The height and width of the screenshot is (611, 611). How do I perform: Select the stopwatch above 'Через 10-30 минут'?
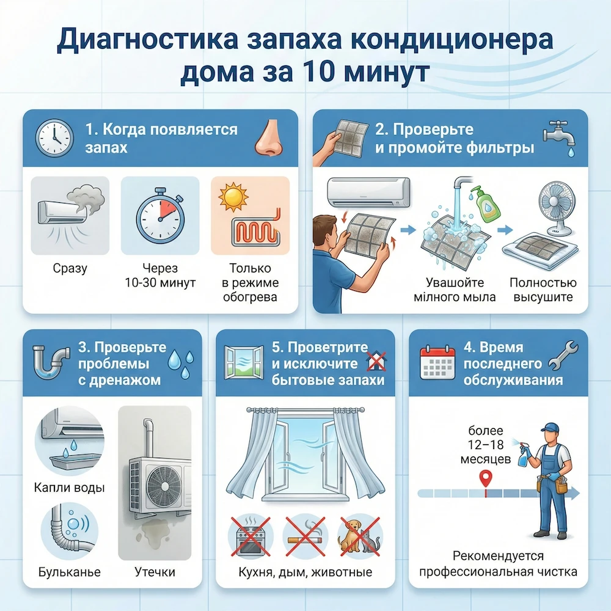pyautogui.click(x=159, y=216)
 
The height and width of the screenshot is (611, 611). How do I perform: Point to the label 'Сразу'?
pyautogui.click(x=70, y=268)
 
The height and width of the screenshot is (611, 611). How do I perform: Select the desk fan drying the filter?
pyautogui.click(x=554, y=208)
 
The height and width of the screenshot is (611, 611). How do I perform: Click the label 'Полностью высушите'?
pyautogui.click(x=543, y=290)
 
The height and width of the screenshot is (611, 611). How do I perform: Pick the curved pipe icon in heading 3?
pyautogui.click(x=51, y=362)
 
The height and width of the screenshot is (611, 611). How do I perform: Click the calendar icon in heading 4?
pyautogui.click(x=437, y=363)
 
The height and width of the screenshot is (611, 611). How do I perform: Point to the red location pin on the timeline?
pyautogui.click(x=486, y=478)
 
